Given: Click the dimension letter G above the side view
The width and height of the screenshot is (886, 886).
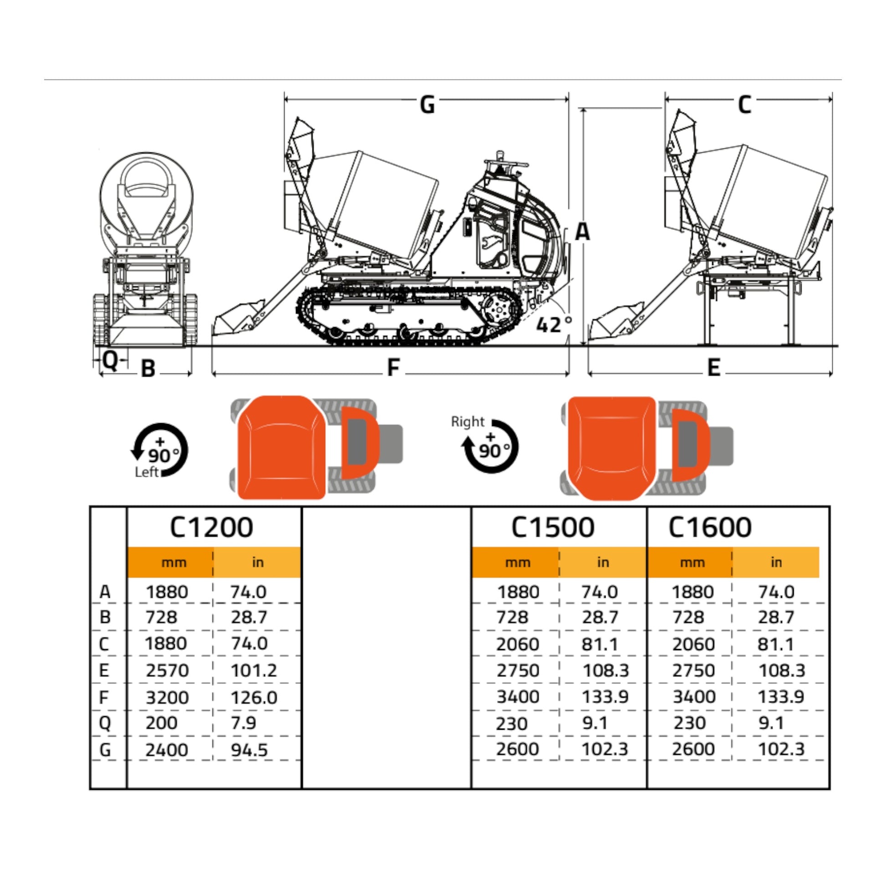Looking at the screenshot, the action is point(427,105).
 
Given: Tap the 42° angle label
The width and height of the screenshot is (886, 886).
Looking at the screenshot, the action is point(554,324).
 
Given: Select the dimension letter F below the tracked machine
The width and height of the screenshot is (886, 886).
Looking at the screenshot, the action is point(393,367).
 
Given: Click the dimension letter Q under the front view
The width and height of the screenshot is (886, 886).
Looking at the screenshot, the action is point(111,361).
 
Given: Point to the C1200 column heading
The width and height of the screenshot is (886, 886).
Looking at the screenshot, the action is point(211,527).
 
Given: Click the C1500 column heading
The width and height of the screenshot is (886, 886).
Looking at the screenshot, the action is point(553,527).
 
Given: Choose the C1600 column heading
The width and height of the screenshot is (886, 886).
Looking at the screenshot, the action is point(710,527).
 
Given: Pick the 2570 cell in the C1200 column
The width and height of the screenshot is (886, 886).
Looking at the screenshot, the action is point(168,671).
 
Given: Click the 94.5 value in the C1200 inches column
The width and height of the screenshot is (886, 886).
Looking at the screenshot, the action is point(250,750).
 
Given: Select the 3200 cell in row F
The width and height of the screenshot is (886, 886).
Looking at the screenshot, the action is point(168,698).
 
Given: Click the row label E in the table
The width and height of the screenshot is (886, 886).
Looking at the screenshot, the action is point(104,671).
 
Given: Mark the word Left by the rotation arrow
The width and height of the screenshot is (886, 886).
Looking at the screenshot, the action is point(147,472).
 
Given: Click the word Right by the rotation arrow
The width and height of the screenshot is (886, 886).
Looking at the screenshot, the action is point(467,422).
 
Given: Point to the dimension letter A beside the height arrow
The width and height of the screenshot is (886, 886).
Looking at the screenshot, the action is point(582,232).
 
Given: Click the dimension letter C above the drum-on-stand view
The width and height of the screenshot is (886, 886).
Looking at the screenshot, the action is point(744,105).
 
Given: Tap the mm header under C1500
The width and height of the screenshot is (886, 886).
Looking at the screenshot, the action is point(518,562).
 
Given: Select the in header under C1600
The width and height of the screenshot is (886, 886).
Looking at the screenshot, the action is point(776,562).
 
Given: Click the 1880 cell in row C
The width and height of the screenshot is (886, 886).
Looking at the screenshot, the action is point(166,644).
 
